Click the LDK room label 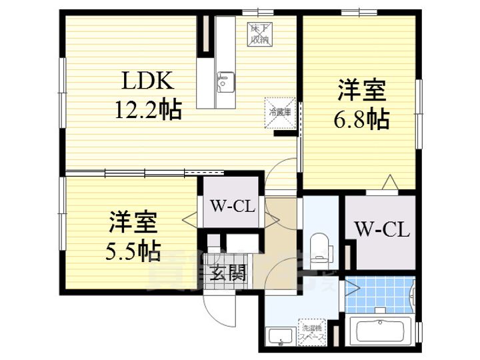[x=147, y=81]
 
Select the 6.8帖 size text [x=361, y=121]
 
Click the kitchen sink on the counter [x=223, y=83]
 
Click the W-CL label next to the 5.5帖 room [x=231, y=205]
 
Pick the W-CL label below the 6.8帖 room [x=381, y=231]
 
